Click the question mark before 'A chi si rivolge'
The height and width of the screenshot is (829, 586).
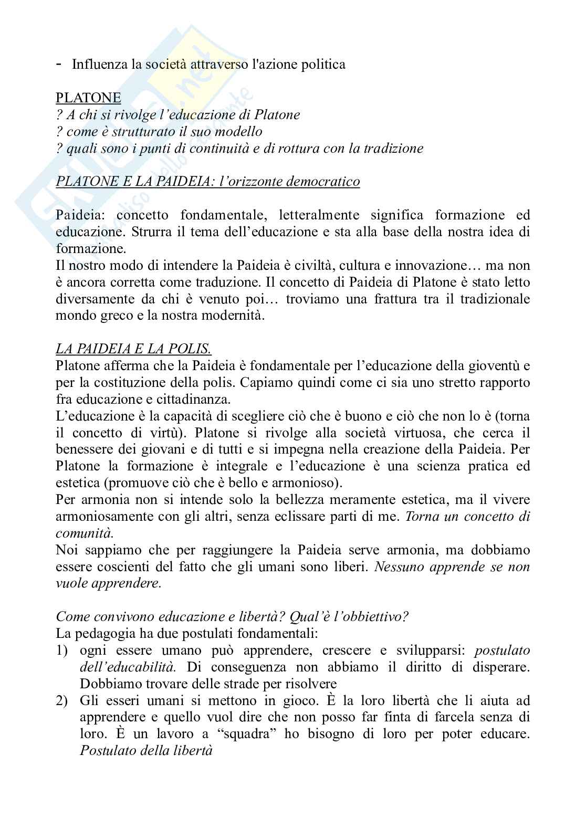(x=59, y=114)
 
